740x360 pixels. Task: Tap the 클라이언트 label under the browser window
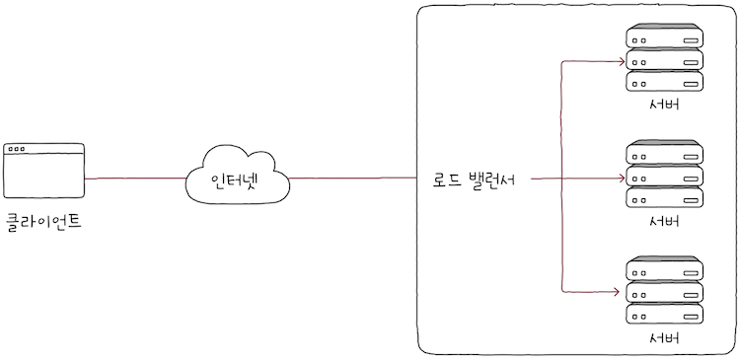[x=43, y=222]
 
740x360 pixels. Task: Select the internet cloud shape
[x=238, y=177]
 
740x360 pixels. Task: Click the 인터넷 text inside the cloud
[x=238, y=181]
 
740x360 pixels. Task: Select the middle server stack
[x=664, y=177]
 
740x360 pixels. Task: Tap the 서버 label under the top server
[x=664, y=106]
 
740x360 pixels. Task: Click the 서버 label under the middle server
[x=664, y=221]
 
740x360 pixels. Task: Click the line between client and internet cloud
[x=135, y=179]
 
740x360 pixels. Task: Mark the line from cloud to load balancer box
[x=352, y=179]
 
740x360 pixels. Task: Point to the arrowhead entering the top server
[x=622, y=61]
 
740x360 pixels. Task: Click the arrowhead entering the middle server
[x=622, y=179]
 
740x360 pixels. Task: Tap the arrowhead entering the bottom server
[x=622, y=292]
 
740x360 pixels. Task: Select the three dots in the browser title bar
[x=18, y=150]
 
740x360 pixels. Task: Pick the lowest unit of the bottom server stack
[x=664, y=315]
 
